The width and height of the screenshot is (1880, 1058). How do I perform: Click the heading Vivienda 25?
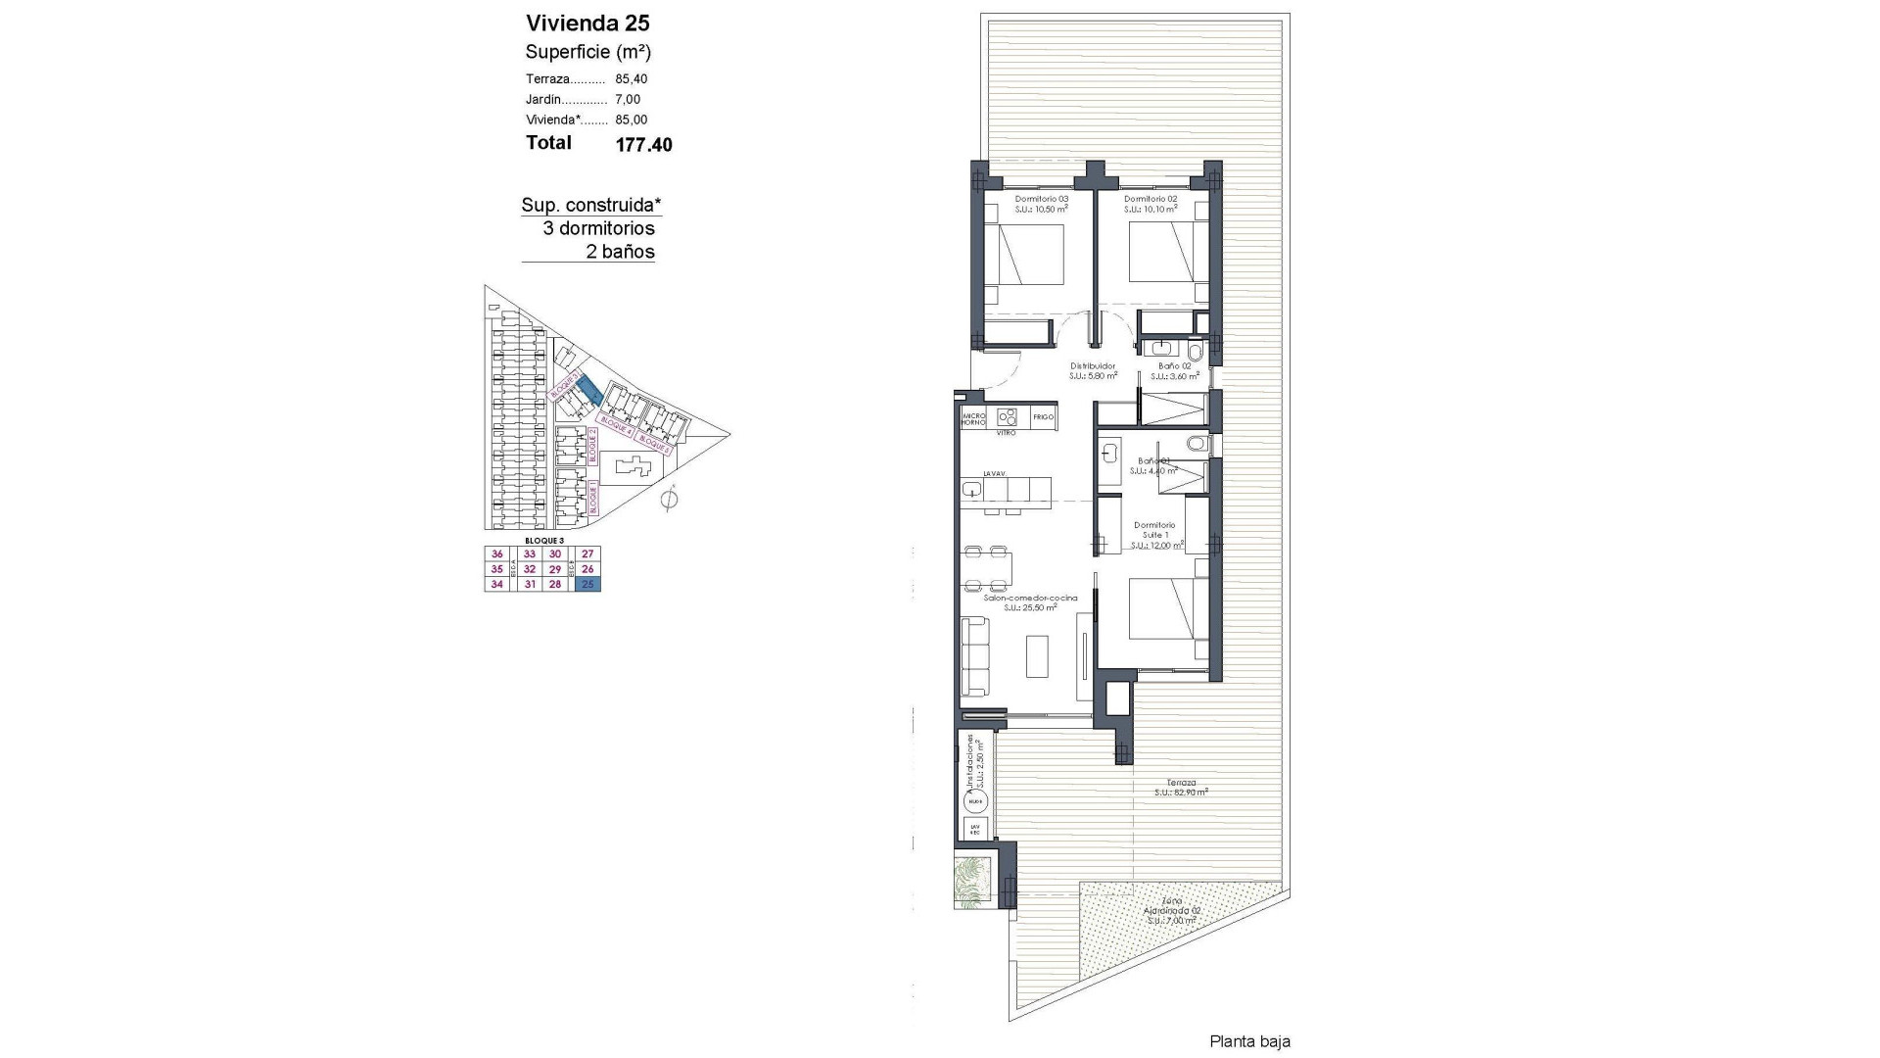pyautogui.click(x=587, y=24)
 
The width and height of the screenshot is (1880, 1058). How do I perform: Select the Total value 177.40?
pyautogui.click(x=643, y=145)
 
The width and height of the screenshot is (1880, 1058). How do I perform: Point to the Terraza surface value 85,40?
pyautogui.click(x=632, y=79)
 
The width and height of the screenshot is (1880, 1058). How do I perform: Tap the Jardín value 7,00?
pyautogui.click(x=628, y=100)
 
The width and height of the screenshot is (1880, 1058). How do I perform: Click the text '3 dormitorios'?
pyautogui.click(x=598, y=228)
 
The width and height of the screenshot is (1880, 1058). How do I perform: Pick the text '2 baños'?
pyautogui.click(x=620, y=252)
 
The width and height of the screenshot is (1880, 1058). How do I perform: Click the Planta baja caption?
pyautogui.click(x=1249, y=1041)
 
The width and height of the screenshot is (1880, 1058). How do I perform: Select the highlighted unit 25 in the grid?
pyautogui.click(x=587, y=585)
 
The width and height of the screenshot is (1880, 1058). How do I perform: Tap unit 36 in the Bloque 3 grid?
pyautogui.click(x=496, y=554)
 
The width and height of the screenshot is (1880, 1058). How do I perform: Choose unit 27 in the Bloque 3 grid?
pyautogui.click(x=587, y=554)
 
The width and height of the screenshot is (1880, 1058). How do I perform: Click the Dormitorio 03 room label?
pyautogui.click(x=1039, y=199)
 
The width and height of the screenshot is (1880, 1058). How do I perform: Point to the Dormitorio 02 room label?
pyautogui.click(x=1150, y=199)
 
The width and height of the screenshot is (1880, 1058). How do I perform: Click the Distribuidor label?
pyautogui.click(x=1093, y=366)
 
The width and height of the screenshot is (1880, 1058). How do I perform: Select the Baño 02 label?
pyautogui.click(x=1173, y=366)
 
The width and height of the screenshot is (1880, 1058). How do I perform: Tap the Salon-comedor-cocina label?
pyautogui.click(x=1030, y=598)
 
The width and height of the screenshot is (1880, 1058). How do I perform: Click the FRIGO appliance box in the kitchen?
pyautogui.click(x=1043, y=417)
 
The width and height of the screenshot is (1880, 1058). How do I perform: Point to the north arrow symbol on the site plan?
pyautogui.click(x=670, y=500)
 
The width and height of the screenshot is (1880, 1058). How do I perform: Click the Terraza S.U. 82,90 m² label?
pyautogui.click(x=1181, y=787)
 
